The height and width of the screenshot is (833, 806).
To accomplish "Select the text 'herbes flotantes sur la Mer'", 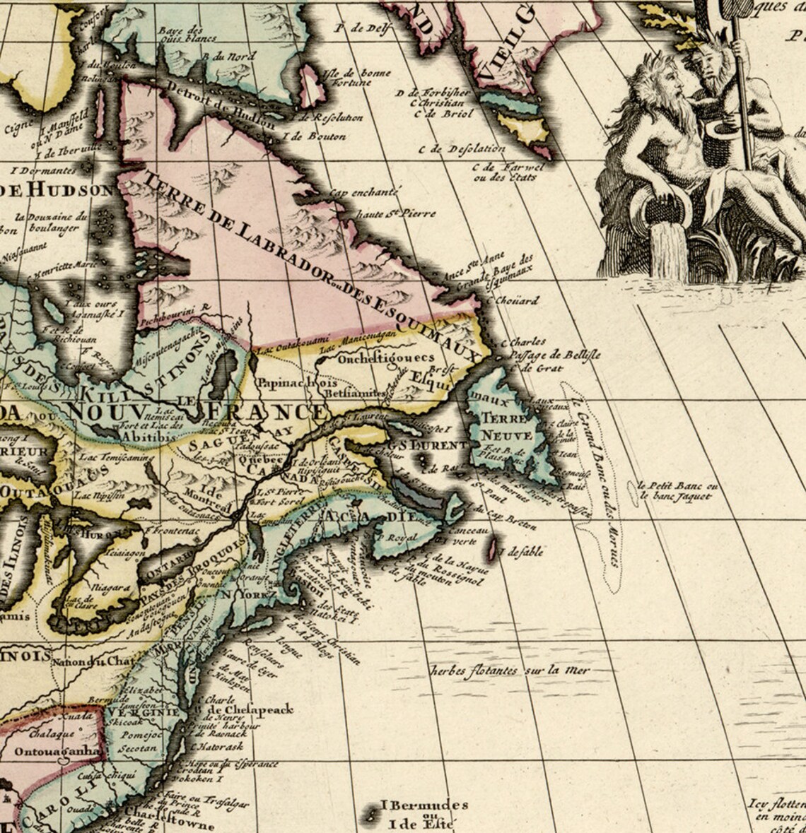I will (510, 670).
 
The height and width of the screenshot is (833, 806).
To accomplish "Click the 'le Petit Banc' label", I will (677, 486).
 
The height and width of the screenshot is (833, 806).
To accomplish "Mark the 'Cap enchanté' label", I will (365, 191).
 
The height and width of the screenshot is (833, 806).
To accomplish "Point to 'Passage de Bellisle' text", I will (551, 355).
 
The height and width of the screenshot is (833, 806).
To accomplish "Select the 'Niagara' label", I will (111, 586).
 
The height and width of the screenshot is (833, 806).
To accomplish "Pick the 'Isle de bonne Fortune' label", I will (346, 78).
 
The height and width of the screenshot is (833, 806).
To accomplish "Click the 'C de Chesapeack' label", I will (247, 710).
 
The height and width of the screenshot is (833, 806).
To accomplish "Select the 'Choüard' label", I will (518, 300).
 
